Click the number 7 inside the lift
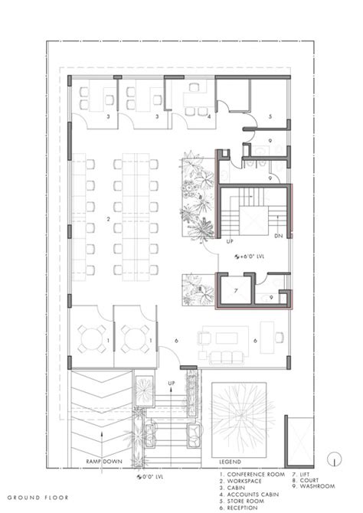point(237,291)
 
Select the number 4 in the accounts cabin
point(209,116)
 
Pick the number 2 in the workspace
point(109,219)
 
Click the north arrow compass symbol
point(334,459)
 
